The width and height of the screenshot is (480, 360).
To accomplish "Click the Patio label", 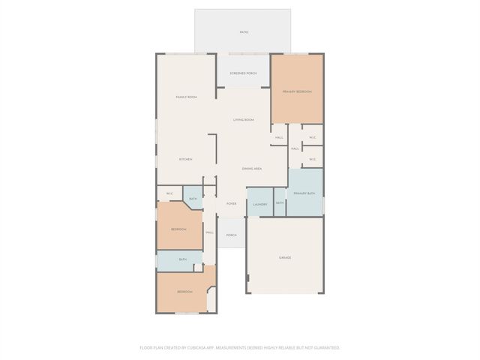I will coord(244,32).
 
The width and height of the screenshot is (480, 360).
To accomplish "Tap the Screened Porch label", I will coord(244,73).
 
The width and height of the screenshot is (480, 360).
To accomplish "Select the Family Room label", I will coord(186,97).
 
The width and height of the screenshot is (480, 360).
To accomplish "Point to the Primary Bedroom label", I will coord(297,91).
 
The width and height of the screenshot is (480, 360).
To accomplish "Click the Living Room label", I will coord(243,120).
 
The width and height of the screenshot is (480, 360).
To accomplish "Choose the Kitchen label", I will coord(185,159).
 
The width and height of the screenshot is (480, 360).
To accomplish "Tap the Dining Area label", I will coord(252,169).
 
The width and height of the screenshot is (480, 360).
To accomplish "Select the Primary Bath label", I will coord(304,193).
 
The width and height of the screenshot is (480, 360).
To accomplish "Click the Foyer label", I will coord(232,203).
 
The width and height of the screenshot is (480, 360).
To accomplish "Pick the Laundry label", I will coord(260,204).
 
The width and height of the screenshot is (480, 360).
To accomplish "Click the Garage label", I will coord(285,257).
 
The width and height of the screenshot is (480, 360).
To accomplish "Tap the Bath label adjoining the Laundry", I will coord(280,203).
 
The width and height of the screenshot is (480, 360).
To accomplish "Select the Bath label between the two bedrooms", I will coord(182,259).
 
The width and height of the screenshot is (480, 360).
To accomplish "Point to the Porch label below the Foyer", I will coord(232,235).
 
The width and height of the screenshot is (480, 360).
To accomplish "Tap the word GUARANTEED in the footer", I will coord(325,348).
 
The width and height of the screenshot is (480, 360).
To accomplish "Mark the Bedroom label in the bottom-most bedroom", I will coord(184,292).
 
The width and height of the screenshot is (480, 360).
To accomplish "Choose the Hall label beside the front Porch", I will coord(210,232).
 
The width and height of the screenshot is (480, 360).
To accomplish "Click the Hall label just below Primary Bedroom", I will coord(279,137).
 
